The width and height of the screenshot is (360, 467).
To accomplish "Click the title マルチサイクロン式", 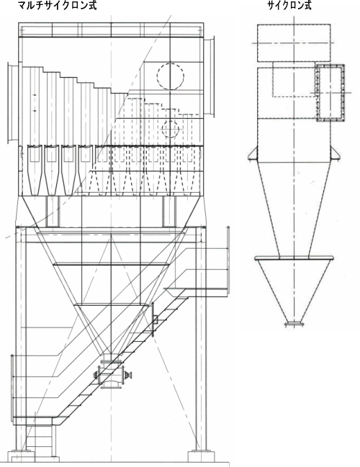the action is [x=57, y=5].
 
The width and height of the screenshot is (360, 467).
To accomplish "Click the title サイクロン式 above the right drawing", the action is [x=289, y=5].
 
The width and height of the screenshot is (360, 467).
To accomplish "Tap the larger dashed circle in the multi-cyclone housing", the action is [x=170, y=76].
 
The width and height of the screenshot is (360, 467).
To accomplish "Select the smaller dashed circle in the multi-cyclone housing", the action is [x=170, y=130].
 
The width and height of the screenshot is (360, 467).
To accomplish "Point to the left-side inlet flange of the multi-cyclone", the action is [x=13, y=103].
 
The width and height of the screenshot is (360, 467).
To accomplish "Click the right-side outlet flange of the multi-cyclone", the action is [x=210, y=77].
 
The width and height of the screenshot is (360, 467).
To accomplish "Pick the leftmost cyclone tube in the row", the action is [x=35, y=170].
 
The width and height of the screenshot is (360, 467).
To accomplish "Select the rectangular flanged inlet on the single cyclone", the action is [x=330, y=93].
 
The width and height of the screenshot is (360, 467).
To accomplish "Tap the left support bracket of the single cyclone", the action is [x=253, y=154].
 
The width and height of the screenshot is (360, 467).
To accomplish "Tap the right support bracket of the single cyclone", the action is [x=335, y=154].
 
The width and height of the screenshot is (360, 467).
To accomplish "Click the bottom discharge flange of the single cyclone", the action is [x=294, y=324].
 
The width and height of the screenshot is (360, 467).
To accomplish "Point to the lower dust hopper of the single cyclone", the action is [x=294, y=290].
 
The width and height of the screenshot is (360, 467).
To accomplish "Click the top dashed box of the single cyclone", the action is [x=294, y=43].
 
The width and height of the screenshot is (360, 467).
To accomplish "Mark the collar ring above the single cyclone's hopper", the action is [x=294, y=258].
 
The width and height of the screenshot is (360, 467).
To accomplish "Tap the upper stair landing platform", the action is [x=197, y=292].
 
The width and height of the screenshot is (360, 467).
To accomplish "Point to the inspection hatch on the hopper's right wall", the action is [x=154, y=319].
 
